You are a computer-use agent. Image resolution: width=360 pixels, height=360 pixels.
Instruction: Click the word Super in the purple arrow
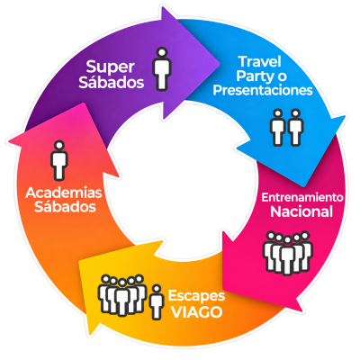(x=110, y=67)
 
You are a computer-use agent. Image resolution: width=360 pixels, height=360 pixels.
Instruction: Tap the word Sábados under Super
(x=112, y=82)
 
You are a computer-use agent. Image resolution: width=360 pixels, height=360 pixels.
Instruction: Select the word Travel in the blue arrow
(x=260, y=62)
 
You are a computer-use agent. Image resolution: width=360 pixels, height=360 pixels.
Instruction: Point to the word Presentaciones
(x=263, y=90)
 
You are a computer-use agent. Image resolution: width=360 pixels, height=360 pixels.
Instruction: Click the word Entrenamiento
(x=302, y=197)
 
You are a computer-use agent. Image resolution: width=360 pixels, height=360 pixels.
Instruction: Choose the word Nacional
(x=301, y=211)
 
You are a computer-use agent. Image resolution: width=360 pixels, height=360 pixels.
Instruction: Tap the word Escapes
(x=196, y=297)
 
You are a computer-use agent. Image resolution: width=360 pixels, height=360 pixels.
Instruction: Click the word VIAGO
(x=196, y=312)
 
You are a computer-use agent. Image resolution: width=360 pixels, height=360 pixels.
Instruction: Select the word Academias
(x=64, y=193)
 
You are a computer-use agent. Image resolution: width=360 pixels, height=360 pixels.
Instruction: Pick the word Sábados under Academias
(x=65, y=207)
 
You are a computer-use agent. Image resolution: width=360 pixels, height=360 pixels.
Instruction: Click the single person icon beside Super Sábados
(x=162, y=68)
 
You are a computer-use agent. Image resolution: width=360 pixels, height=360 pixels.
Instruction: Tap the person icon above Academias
(x=59, y=160)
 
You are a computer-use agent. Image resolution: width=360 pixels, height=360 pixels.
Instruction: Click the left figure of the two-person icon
(x=278, y=128)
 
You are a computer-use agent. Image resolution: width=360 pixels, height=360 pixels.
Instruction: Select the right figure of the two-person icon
(x=296, y=128)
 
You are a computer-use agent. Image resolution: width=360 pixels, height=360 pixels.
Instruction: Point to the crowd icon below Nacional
(x=288, y=253)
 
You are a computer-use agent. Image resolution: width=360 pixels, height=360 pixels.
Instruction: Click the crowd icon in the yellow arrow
(x=122, y=295)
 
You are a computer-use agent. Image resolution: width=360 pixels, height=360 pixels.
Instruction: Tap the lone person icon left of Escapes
(x=157, y=302)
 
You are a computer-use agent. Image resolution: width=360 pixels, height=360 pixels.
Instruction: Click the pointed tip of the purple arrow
(x=220, y=63)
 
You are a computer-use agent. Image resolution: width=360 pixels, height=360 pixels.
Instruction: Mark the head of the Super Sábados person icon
(x=162, y=52)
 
